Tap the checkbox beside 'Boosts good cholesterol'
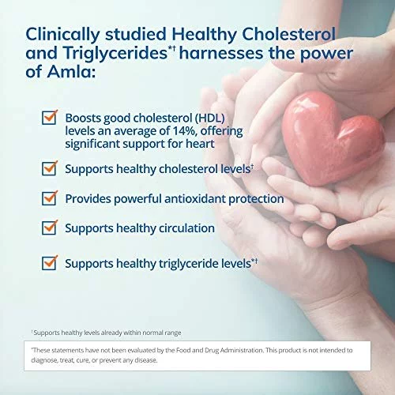[50, 118]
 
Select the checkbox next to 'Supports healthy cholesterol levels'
[50, 168]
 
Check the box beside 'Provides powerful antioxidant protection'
[50, 198]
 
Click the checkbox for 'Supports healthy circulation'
[50, 228]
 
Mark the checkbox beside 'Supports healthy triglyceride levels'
[50, 263]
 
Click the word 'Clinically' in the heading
[62, 35]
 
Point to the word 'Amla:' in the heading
[71, 72]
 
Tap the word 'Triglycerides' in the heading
[115, 54]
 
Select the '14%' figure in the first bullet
[185, 131]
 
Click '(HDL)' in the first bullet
[209, 118]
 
